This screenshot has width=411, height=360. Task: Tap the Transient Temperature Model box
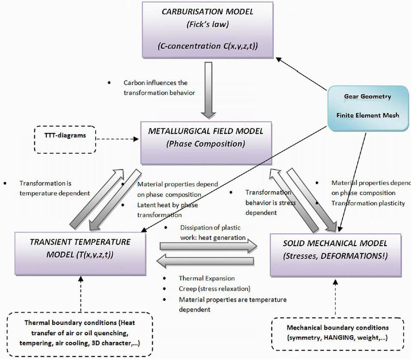coord(80,248)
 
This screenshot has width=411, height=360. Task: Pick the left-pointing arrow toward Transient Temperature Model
coord(208,260)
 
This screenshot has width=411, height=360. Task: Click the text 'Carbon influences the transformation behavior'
coord(155,87)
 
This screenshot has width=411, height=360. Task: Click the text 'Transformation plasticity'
coord(368,203)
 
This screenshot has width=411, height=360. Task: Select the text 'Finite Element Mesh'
coord(367,115)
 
